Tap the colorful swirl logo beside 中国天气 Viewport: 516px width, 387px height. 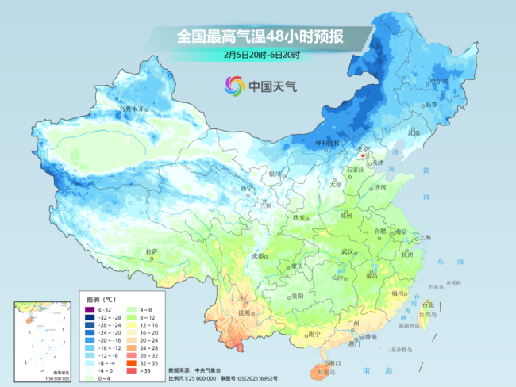click(234, 85)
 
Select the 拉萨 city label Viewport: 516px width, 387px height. click(151, 251)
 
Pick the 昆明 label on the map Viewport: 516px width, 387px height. click(245, 312)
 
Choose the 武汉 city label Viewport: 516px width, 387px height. click(347, 251)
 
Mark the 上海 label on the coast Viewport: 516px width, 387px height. click(425, 237)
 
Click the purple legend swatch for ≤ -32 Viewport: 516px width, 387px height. click(90, 309)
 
